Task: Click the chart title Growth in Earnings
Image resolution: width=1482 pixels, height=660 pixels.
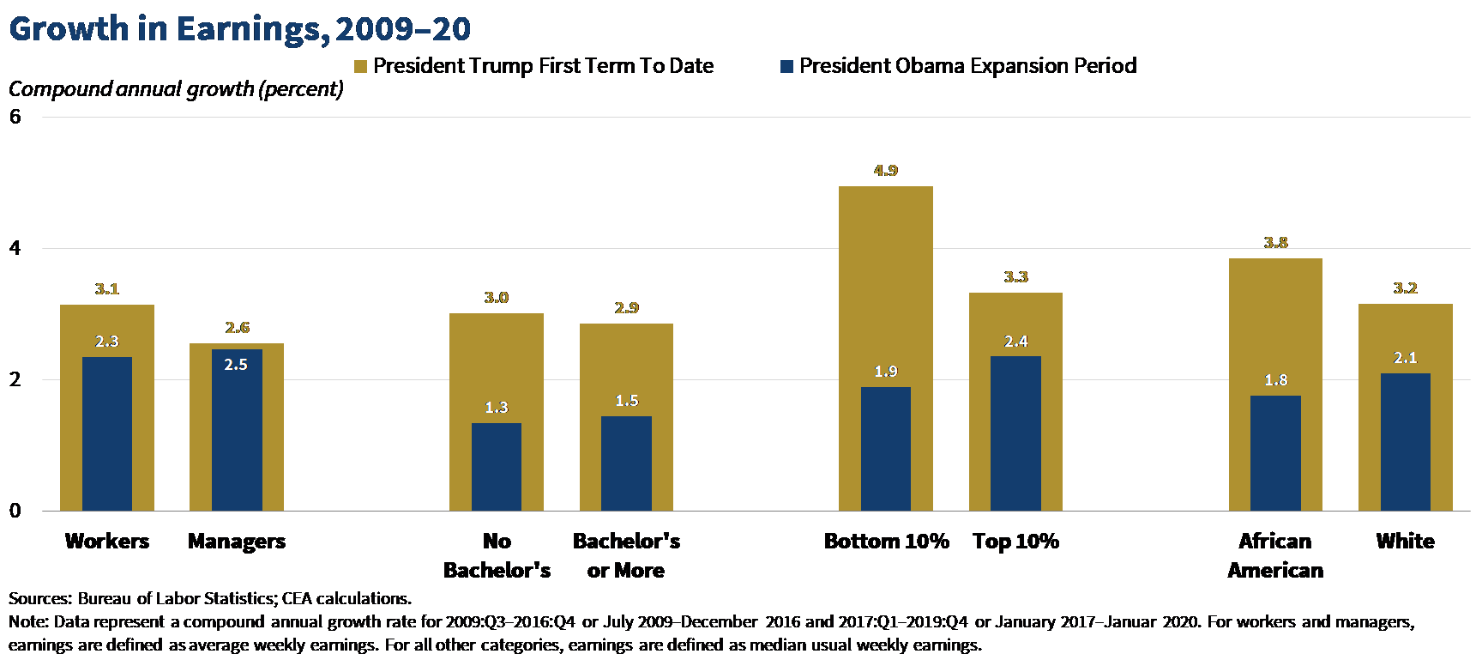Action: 239,28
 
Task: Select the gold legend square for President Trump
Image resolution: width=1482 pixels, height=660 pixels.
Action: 361,67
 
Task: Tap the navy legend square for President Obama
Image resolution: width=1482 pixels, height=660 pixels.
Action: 786,67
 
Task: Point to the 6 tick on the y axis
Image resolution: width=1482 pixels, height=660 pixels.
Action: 15,117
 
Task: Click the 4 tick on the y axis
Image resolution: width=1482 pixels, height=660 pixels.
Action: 15,248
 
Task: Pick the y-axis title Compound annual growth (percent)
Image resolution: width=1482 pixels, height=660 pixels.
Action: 176,89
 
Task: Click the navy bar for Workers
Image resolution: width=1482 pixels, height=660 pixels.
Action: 107,433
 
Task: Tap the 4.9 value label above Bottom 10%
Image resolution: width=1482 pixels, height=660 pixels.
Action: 886,171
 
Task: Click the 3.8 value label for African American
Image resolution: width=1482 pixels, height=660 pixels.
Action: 1275,243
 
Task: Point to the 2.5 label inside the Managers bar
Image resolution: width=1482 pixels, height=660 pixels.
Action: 236,365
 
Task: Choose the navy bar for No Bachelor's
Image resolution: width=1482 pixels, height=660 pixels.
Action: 497,467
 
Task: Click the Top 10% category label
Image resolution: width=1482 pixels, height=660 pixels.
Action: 1015,542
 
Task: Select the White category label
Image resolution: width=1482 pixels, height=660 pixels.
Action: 1405,542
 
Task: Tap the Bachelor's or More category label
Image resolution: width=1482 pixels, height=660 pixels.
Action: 626,555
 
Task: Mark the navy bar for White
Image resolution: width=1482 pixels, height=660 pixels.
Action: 1405,442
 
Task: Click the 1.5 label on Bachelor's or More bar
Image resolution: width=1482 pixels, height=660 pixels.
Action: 626,401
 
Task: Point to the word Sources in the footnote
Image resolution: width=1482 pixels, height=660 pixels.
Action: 39,598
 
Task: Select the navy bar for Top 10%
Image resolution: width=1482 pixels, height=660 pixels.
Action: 1015,433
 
